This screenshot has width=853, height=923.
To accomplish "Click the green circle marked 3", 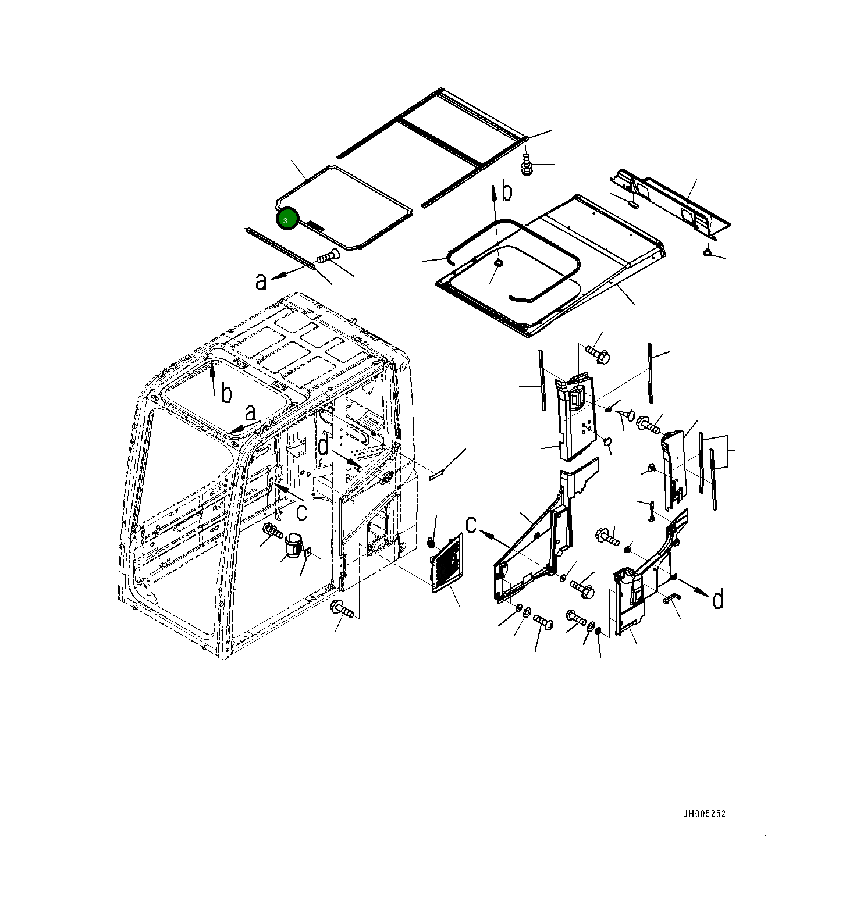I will click(x=287, y=219).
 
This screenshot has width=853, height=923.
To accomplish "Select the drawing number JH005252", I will click(x=704, y=814).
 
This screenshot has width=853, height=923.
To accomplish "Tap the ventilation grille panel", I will click(x=447, y=563).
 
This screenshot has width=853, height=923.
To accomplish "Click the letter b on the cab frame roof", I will click(x=226, y=394).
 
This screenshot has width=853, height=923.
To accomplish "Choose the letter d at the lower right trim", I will click(x=718, y=598).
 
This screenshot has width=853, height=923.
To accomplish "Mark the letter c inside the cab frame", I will click(x=301, y=512).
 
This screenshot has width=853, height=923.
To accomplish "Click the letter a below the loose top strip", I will click(x=261, y=281).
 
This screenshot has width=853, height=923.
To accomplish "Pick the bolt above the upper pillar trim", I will click(x=596, y=354).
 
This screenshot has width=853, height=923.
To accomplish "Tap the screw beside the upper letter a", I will click(x=328, y=256).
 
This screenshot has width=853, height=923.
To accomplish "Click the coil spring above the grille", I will click(x=431, y=542).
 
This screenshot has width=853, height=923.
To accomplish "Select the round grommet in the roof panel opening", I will click(x=498, y=263).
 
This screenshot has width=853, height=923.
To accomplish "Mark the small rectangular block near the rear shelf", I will click(x=633, y=204).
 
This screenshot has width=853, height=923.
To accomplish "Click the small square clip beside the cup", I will click(x=308, y=552).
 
